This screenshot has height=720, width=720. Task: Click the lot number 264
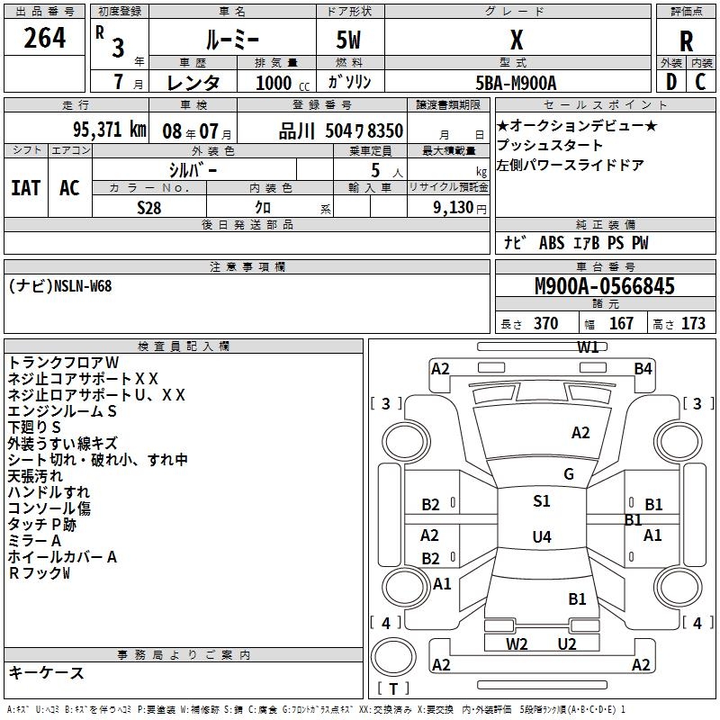pos(44,37)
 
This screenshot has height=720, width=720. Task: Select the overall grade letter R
pos(686,41)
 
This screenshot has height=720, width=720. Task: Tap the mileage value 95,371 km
pos(109,130)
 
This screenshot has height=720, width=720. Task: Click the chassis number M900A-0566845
pos(605,285)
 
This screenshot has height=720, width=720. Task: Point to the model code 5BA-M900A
pos(516,83)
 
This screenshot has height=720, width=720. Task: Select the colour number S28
pos(148,208)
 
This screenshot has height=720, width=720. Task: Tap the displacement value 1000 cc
pos(283,83)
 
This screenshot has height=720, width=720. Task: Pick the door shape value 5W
pos(348,40)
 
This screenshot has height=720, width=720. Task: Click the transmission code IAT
pos(26,188)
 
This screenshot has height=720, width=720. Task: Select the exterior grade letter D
pos(671,82)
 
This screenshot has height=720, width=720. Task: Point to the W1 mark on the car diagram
pos(589,347)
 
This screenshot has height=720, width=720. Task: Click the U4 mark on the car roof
pos(542,536)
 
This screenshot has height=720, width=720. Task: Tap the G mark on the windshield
pos(569,474)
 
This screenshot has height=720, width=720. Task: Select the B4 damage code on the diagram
pos(643,369)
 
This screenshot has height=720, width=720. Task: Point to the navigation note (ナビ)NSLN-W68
pos(60,286)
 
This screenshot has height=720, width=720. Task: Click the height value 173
pos(693,323)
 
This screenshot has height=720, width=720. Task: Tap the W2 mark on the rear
pos(517,643)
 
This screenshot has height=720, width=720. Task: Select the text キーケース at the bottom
pos(46,672)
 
